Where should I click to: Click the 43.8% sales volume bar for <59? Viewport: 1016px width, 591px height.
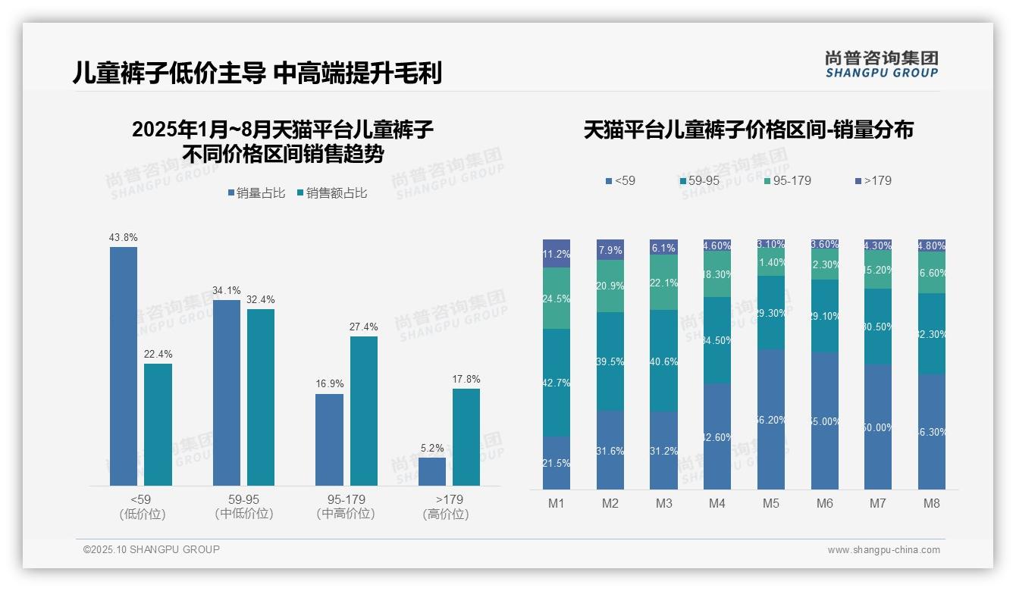124,366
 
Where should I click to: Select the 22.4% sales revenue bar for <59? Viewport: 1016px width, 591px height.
158,424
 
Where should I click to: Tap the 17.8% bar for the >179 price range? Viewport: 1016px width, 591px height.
466,436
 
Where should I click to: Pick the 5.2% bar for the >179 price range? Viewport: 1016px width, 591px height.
432,471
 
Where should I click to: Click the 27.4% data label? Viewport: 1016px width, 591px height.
364,327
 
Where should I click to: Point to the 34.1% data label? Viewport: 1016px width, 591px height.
227,290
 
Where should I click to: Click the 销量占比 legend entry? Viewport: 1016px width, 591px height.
256,193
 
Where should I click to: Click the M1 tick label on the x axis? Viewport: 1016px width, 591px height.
557,503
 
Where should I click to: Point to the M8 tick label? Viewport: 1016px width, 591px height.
932,503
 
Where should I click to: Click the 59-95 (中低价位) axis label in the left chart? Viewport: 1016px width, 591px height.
243,506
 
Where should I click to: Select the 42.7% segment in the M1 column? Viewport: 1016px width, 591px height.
557,383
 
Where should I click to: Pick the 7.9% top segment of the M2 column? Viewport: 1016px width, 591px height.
610,249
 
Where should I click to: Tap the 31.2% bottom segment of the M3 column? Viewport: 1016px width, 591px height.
663,450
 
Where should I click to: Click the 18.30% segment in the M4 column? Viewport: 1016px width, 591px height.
717,274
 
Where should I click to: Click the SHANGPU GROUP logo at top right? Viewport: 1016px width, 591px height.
881,64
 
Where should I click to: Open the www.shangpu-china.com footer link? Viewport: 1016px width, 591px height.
883,550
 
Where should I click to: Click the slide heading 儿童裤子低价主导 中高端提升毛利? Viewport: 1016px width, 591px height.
257,73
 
